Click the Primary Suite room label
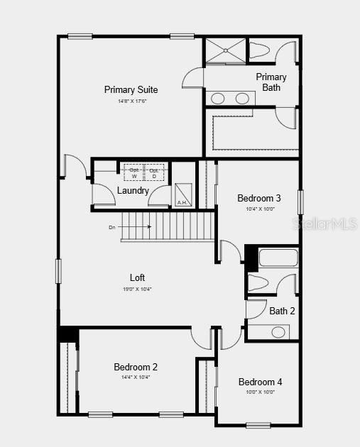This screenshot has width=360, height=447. tap(131, 89)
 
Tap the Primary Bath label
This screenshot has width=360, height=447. tap(271, 82)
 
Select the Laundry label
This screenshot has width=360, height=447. tap(133, 191)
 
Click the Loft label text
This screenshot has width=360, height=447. tap(137, 277)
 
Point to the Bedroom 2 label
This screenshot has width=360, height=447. tap(136, 367)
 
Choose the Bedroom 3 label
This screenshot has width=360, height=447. tap(259, 198)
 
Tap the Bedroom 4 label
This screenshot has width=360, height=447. tap(260, 381)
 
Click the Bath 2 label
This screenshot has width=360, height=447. tap(282, 310)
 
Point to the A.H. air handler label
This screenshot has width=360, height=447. tap(182, 203)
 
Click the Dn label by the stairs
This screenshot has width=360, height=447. tap(112, 227)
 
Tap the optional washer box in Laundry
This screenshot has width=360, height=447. tap(134, 172)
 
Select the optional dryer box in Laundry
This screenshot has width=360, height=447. tap(154, 172)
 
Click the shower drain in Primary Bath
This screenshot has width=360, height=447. tap(226, 50)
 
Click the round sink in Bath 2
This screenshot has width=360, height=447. tap(278, 331)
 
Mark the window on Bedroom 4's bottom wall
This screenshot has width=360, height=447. tap(258, 425)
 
